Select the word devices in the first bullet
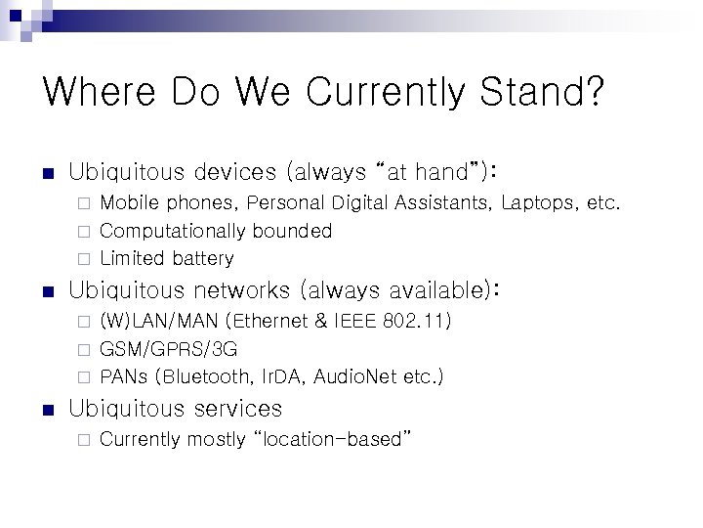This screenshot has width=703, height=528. (234, 173)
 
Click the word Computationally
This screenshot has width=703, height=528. (173, 231)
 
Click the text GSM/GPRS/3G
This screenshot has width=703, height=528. (168, 349)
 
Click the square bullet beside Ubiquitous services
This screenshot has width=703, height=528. (46, 410)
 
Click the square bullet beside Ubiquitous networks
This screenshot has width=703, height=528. (46, 291)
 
